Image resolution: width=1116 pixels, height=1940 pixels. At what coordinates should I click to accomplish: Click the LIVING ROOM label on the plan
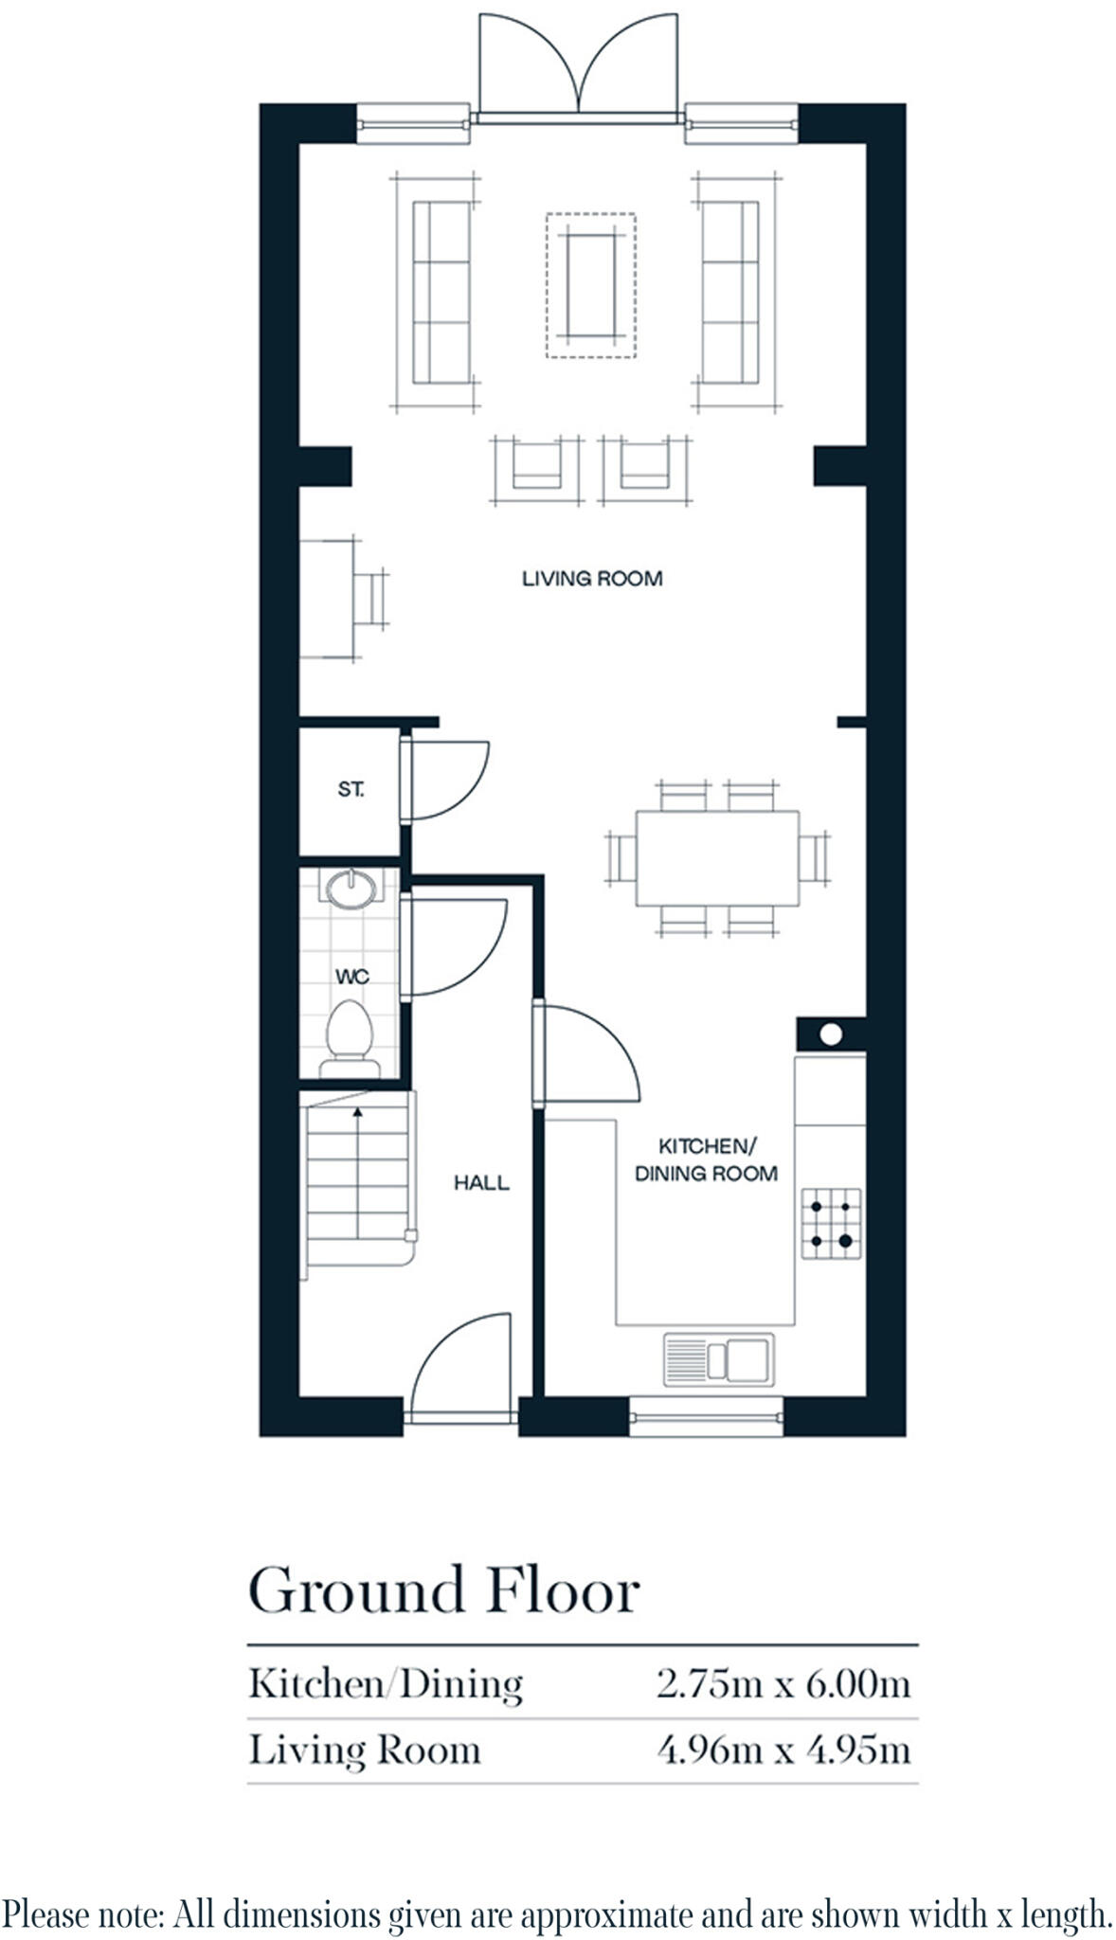point(592,579)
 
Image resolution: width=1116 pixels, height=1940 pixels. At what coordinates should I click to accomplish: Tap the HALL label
point(481,1183)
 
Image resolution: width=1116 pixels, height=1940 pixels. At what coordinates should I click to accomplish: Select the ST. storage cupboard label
point(351,789)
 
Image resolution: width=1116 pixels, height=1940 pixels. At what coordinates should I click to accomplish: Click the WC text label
point(351,977)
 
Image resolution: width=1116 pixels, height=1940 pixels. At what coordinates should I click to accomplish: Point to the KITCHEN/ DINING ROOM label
point(706,1160)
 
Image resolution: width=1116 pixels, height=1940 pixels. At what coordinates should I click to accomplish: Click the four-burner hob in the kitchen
point(831,1224)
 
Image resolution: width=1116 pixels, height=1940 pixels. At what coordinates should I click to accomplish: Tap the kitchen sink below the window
point(718,1359)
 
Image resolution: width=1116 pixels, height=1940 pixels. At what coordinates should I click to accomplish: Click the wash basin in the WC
point(351,889)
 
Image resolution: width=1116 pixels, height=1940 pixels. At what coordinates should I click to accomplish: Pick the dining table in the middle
point(717,858)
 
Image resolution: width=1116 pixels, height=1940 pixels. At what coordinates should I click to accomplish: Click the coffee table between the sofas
point(590,285)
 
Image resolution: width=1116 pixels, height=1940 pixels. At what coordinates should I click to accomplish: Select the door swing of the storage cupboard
point(445,779)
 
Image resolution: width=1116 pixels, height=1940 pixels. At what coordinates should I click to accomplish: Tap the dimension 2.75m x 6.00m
point(783,1684)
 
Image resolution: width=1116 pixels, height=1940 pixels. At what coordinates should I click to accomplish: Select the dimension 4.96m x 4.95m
point(783,1750)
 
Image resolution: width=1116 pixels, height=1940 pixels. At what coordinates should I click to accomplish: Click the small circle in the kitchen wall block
point(830,1034)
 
